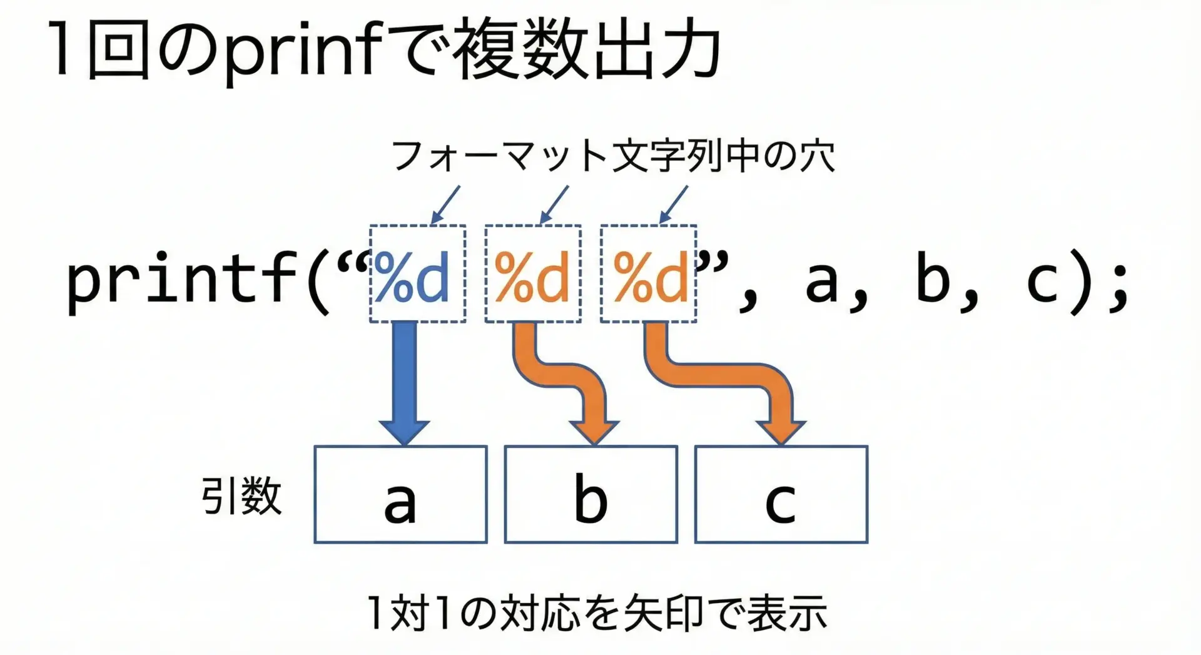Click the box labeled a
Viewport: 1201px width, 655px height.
pos(400,494)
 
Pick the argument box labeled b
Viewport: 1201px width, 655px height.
pos(591,494)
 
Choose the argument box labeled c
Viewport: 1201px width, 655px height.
pos(781,494)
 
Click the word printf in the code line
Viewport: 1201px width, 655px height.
pos(181,278)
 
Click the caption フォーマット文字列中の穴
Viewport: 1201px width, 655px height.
pos(613,156)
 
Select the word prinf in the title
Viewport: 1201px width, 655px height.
pos(303,50)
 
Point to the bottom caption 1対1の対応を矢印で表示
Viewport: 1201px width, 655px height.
pos(597,613)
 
